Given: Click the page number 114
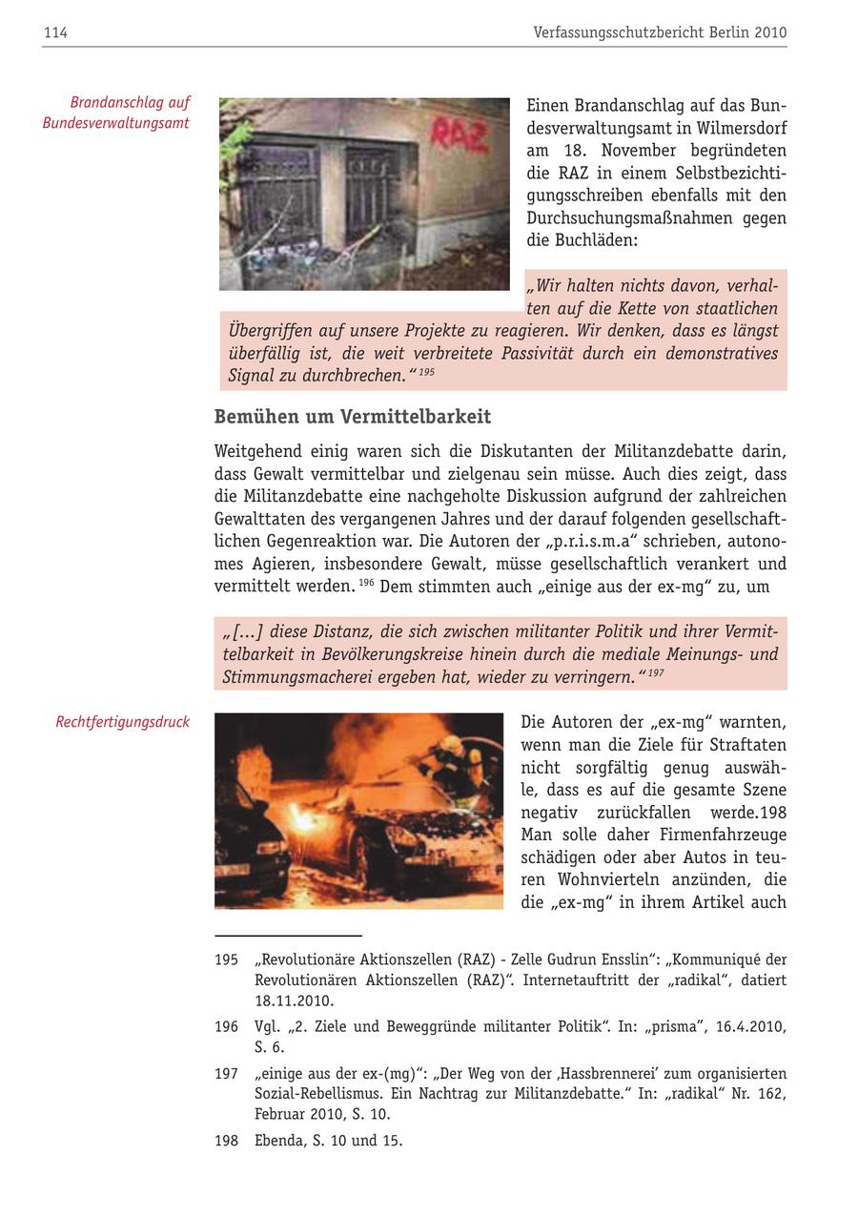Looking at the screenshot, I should pyautogui.click(x=55, y=33).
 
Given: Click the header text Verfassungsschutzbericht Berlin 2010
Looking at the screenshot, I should pyautogui.click(x=660, y=33).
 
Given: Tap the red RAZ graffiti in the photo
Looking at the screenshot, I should pyautogui.click(x=459, y=134).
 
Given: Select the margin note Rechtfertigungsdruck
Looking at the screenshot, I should pyautogui.click(x=122, y=723).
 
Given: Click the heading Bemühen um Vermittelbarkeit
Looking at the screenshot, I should pyautogui.click(x=352, y=417).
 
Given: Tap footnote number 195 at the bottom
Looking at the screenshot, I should pyautogui.click(x=226, y=959).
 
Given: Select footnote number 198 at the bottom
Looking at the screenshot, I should pyautogui.click(x=226, y=1141).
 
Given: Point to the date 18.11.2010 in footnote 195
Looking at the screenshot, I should pyautogui.click(x=294, y=1001).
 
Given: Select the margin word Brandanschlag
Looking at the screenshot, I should pyautogui.click(x=130, y=102).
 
